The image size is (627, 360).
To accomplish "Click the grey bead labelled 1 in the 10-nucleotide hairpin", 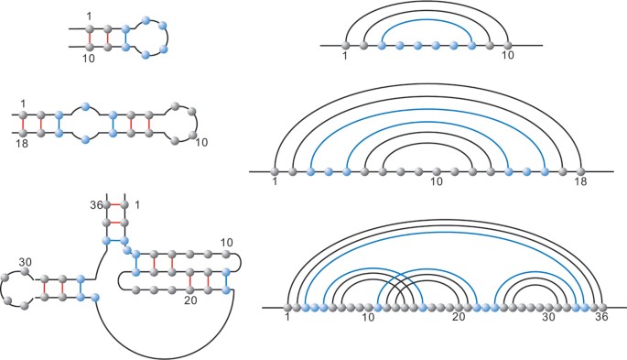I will point(91,27).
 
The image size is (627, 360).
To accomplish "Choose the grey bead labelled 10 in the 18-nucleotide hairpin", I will point(193,134).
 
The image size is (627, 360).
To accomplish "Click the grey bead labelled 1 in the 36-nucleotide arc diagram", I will point(290,308).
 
